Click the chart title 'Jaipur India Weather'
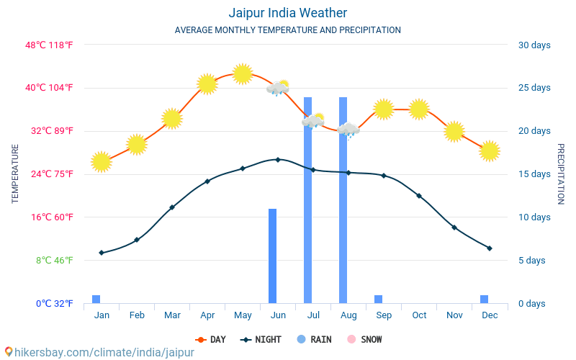point(287,13)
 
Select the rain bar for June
point(272,256)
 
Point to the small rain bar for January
point(96,300)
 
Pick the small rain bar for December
point(484,300)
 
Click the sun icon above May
point(243,73)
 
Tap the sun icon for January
point(102,162)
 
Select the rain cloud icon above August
point(348,130)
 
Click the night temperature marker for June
point(278,159)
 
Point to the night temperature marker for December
point(490,248)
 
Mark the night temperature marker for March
point(172,207)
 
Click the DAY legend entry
point(210,339)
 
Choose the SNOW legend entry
point(364,339)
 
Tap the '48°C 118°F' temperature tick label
point(50,45)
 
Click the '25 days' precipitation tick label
point(534,88)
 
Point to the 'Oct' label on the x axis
point(419,315)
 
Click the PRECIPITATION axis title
point(560,174)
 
